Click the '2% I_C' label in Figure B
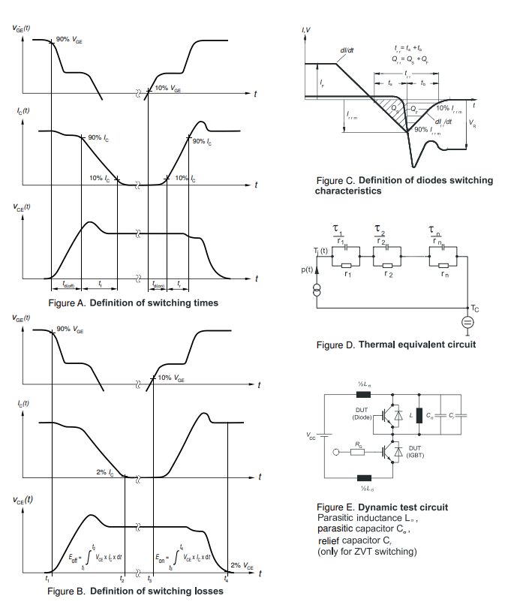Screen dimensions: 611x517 click(x=107, y=471)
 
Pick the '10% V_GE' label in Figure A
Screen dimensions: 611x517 click(x=167, y=89)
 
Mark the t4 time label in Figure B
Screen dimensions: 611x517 click(x=226, y=580)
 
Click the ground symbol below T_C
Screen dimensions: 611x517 click(x=466, y=322)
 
